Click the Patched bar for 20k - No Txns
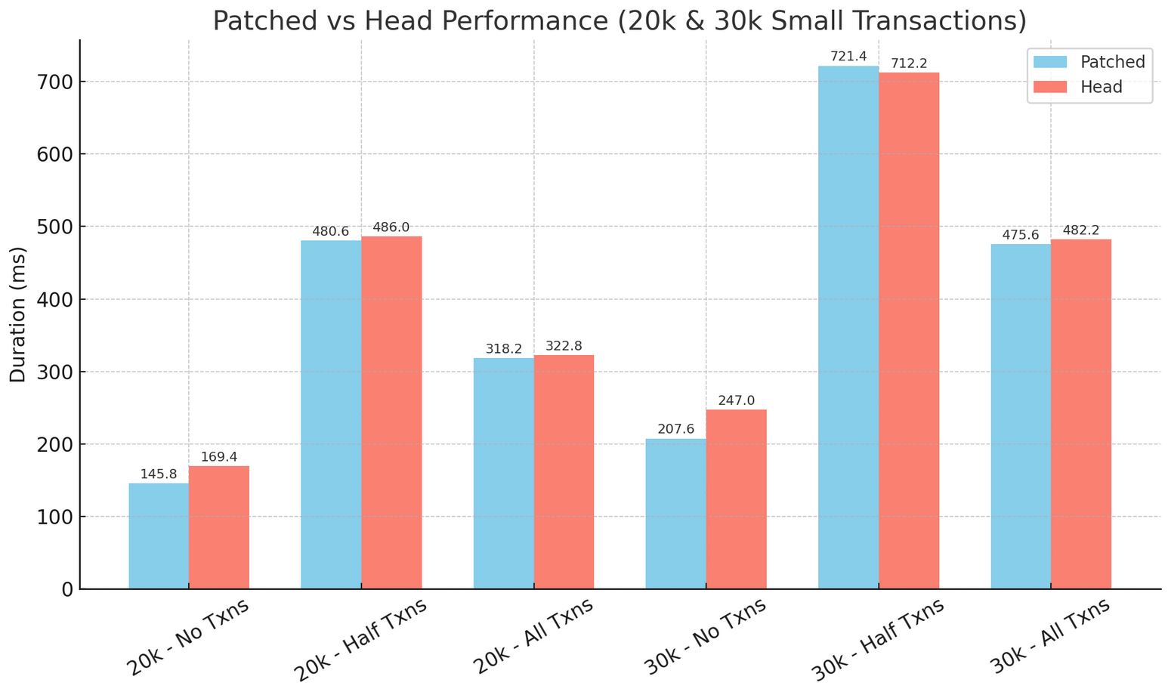pos(159,536)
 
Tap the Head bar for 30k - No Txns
pos(737,499)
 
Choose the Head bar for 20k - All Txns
pos(564,472)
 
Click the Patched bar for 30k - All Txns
pos(1021,416)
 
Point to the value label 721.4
pos(848,57)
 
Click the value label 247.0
pos(737,400)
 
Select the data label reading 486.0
pos(391,227)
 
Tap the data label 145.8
pos(159,474)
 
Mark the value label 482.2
pos(1081,230)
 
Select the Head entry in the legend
pos(1101,88)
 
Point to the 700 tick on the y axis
pos(54,82)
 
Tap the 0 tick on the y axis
pos(66,589)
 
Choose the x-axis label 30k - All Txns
pos(1051,638)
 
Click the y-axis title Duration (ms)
pos(18,314)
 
